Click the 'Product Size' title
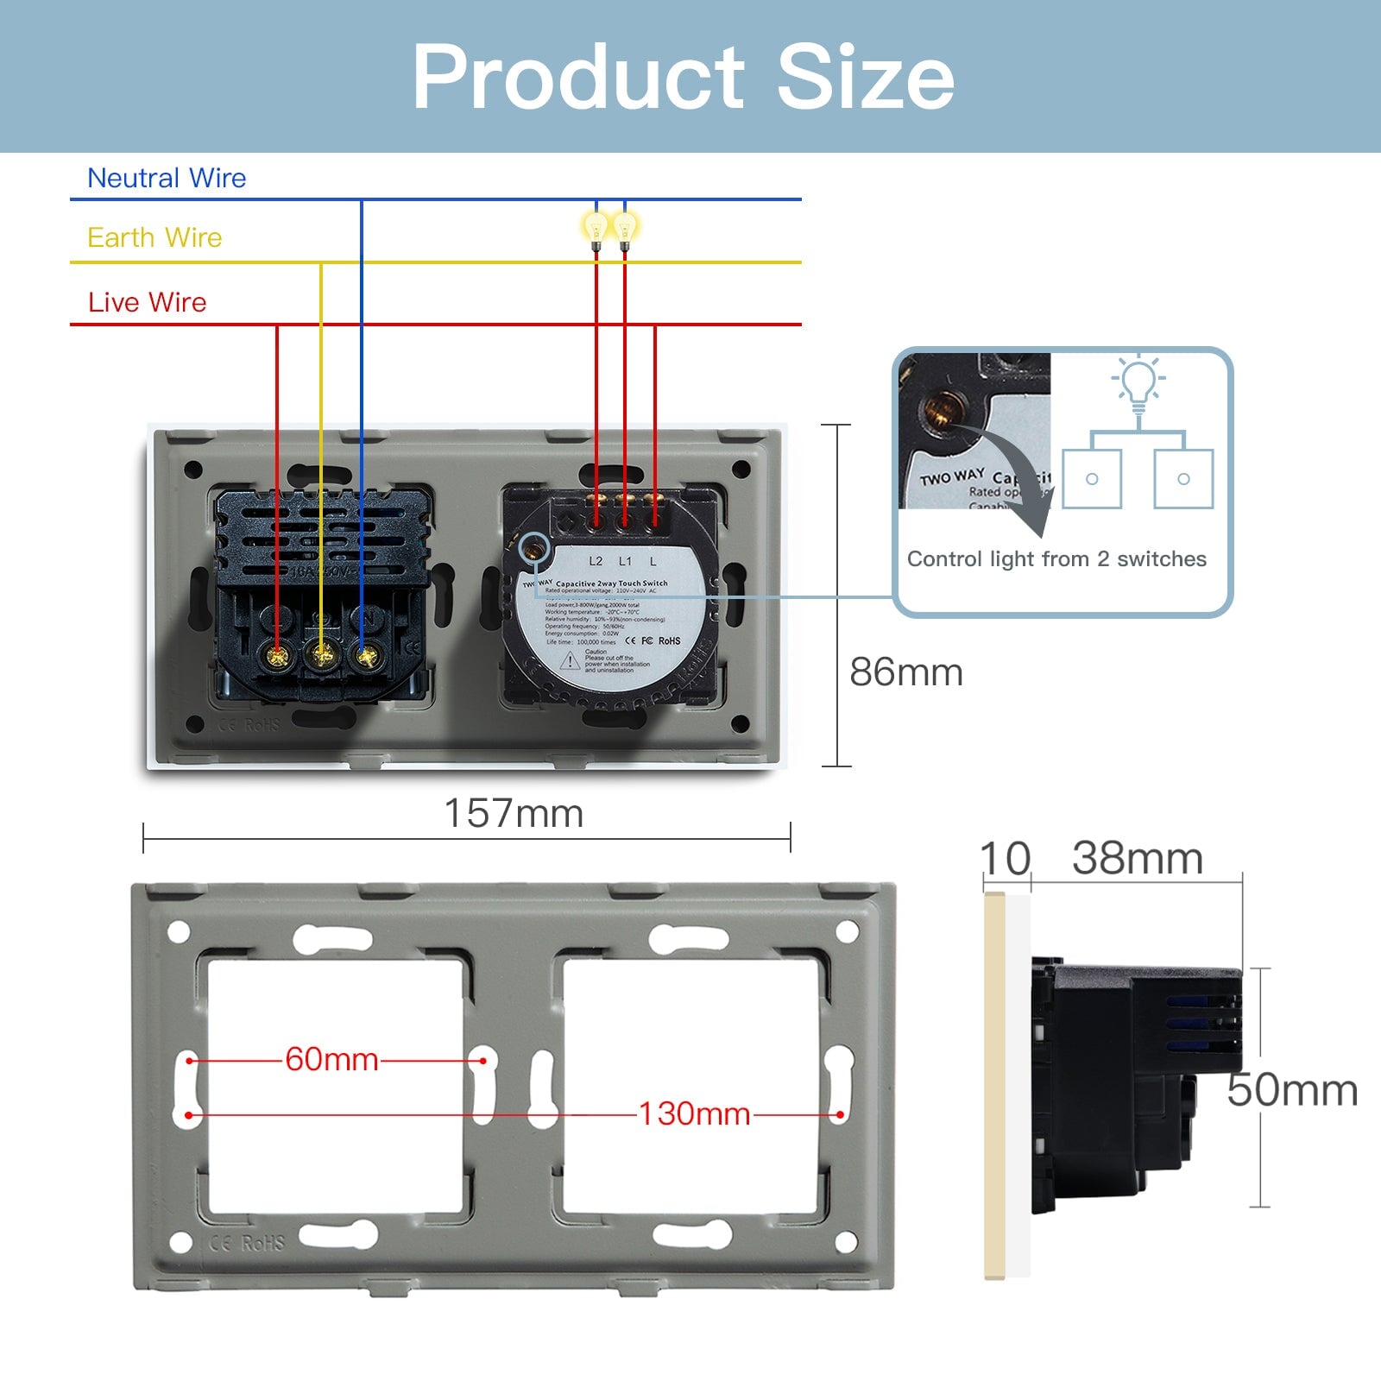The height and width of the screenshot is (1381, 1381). [683, 77]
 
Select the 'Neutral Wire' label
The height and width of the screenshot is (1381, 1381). [167, 178]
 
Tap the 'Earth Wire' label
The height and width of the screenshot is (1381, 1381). [154, 237]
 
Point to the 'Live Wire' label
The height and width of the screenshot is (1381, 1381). [147, 302]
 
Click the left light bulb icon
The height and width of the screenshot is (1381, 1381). [596, 230]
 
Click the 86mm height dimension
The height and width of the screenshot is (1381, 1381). [905, 672]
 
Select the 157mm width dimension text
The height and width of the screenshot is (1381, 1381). [514, 813]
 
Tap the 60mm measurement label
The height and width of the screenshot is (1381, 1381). [331, 1059]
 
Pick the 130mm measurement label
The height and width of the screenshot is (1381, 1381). [694, 1113]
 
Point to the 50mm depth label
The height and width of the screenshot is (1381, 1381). [1291, 1089]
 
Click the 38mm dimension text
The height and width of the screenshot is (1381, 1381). [1137, 858]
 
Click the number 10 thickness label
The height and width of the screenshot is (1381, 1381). [1005, 859]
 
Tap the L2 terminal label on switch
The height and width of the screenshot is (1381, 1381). [596, 561]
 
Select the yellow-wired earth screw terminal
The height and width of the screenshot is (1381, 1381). [322, 657]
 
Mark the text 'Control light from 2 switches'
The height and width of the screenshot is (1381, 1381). [1056, 559]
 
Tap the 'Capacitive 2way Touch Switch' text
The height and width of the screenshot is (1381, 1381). [611, 583]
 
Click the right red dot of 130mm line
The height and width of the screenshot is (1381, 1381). [840, 1114]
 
